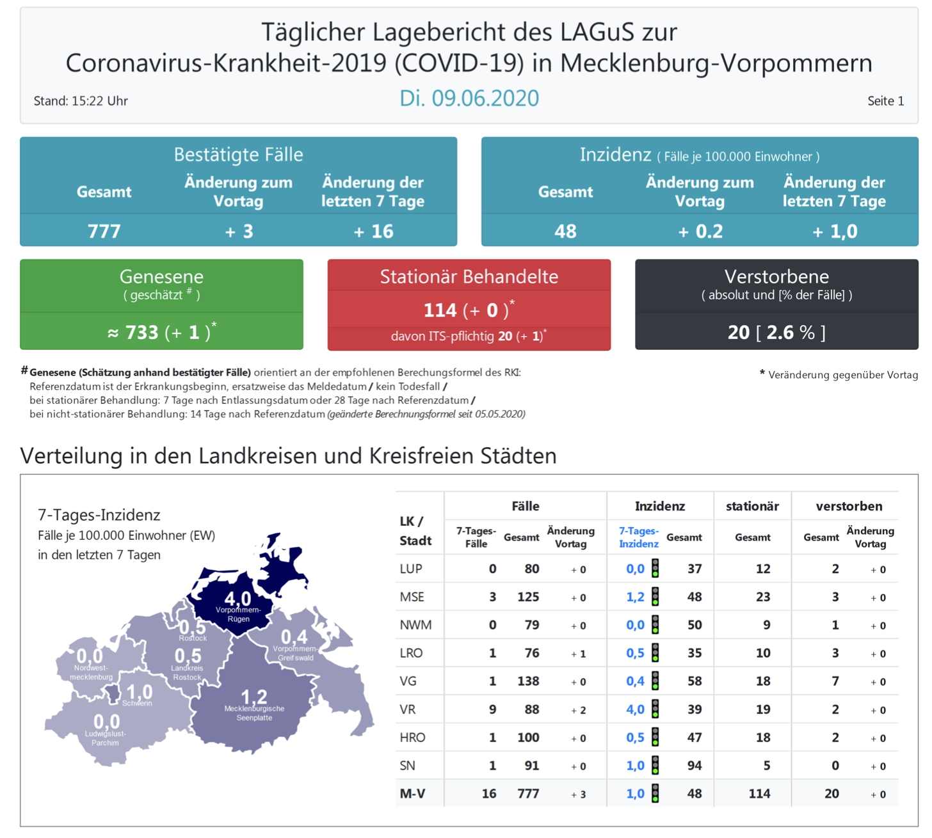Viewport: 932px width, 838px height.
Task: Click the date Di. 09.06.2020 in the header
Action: tap(469, 99)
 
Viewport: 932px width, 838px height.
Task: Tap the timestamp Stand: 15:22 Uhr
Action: tap(81, 101)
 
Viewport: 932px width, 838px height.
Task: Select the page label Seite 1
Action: tap(885, 101)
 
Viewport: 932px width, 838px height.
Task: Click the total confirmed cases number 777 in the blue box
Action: tap(104, 231)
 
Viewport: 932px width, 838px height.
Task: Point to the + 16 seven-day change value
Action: tap(373, 231)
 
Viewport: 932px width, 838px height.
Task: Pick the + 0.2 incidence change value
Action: tap(700, 231)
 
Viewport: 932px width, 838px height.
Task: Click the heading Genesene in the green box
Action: tap(161, 276)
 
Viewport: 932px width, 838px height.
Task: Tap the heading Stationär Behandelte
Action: tap(469, 276)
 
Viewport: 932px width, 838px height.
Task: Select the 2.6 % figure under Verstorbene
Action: tap(791, 333)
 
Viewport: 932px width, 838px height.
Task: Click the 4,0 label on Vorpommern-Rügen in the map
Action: tap(237, 599)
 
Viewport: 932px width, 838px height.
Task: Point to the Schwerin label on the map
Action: tap(137, 703)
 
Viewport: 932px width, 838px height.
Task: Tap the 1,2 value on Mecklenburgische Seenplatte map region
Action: tap(253, 697)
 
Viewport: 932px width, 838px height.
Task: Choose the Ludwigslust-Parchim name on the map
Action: tap(106, 738)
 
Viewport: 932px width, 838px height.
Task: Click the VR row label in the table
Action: tap(408, 709)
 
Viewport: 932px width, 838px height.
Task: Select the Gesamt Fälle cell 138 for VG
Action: tap(528, 681)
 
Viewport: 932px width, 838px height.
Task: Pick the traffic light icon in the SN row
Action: tap(655, 765)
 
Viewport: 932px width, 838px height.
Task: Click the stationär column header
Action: tap(752, 507)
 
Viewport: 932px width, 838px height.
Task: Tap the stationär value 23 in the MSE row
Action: tap(762, 597)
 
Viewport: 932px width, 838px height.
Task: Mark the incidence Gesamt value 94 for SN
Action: tap(695, 766)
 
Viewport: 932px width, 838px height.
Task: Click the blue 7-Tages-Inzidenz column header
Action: tap(638, 537)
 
